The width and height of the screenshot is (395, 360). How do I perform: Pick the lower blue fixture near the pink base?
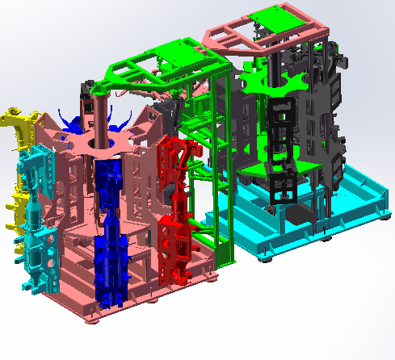point(110,266)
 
